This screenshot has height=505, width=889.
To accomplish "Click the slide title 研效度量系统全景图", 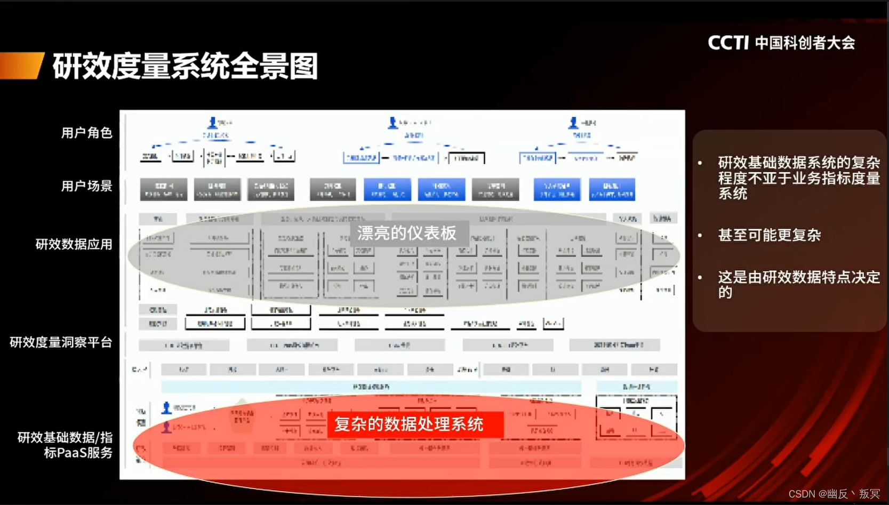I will click(x=185, y=66).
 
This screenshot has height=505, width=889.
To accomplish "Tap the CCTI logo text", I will click(x=728, y=43).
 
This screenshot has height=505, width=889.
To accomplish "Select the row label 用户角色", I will click(x=86, y=133).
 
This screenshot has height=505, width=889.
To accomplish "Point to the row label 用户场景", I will click(x=86, y=186).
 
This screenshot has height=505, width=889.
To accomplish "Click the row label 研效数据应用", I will click(x=74, y=244).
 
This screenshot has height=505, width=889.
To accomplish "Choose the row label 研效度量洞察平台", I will click(x=61, y=342).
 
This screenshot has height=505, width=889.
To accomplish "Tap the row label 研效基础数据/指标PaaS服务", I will click(x=65, y=445).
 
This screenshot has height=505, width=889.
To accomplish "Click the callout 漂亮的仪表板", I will click(x=406, y=233).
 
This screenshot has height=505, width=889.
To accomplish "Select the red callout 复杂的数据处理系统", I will click(x=409, y=424).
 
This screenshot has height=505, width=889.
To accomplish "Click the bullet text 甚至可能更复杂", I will click(x=769, y=235).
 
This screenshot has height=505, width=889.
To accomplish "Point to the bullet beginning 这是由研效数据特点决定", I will click(x=798, y=284).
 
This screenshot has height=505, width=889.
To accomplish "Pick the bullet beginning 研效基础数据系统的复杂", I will click(x=798, y=178).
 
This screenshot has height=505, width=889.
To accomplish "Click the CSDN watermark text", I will click(x=834, y=494).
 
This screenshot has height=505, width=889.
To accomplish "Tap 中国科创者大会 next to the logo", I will click(x=805, y=43).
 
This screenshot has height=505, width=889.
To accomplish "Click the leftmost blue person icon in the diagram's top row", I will click(x=212, y=123).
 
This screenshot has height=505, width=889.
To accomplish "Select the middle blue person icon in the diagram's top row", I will click(x=393, y=123).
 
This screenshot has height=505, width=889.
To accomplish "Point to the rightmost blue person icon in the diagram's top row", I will click(x=573, y=123).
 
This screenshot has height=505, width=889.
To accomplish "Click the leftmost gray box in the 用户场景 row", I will click(x=163, y=189).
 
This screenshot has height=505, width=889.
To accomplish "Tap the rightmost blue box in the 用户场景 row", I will click(x=612, y=189).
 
